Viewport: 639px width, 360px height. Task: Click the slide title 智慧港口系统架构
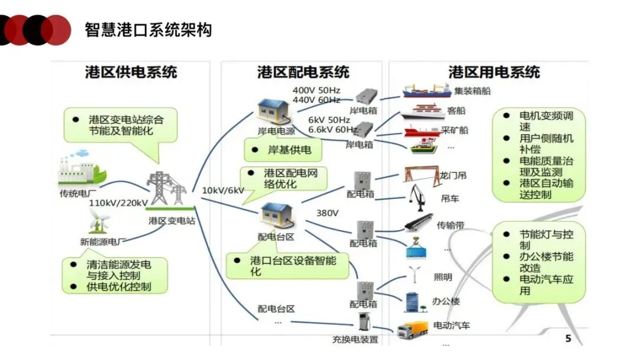click(149, 30)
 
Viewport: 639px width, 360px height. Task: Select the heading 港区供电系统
click(131, 72)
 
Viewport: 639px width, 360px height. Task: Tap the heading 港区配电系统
click(303, 72)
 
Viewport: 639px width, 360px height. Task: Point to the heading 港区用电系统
click(494, 72)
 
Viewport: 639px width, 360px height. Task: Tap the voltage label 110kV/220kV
click(118, 203)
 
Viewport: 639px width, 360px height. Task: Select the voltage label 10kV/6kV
click(223, 191)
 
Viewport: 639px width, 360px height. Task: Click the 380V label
click(327, 213)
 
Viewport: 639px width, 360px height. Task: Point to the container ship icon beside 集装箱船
click(427, 91)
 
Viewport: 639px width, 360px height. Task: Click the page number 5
click(568, 339)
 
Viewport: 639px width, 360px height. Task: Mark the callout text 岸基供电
click(289, 150)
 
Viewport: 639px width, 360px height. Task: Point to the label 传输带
click(450, 226)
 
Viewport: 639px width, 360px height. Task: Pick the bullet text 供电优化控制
click(118, 287)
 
